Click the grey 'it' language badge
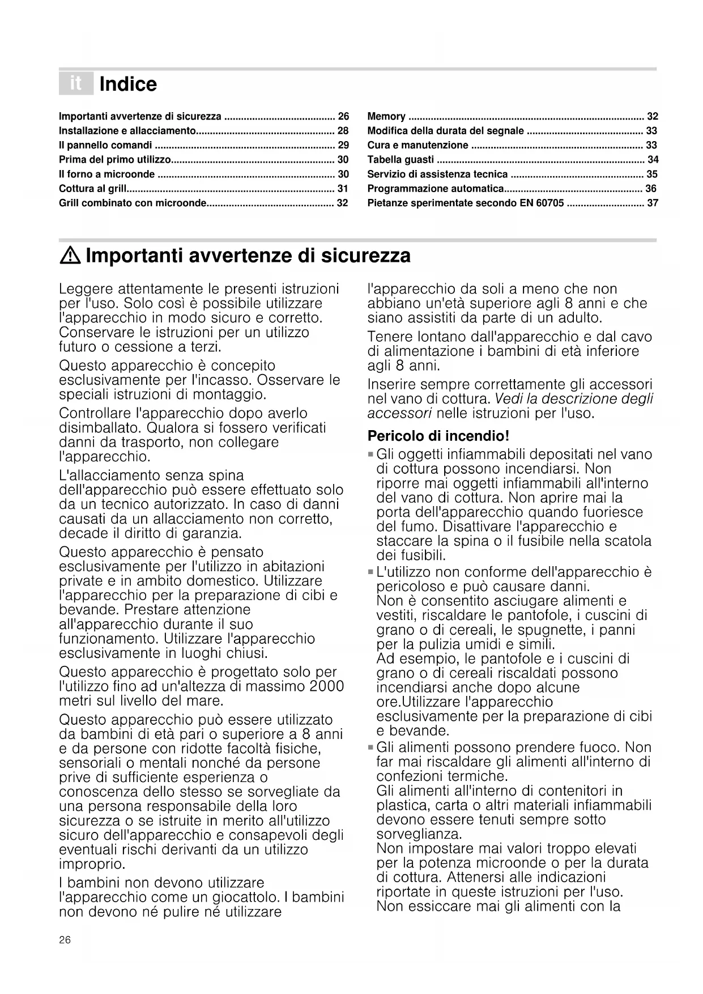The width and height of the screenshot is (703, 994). coord(75,84)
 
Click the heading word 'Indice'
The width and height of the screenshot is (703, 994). coord(128,84)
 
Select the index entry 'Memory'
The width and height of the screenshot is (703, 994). coord(386,117)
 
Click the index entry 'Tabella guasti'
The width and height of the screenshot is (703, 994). coord(401,160)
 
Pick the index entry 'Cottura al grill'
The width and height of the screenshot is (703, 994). coord(93,189)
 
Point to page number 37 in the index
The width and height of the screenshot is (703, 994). coord(653,203)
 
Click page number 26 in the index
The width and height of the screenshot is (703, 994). coord(343,117)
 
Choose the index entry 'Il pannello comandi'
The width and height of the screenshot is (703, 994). coord(105,145)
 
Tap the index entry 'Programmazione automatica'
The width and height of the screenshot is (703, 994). coord(436,189)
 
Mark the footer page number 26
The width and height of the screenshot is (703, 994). coord(65,940)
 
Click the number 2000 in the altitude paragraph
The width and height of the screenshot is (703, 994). coord(327,686)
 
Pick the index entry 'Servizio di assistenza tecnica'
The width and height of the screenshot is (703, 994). coord(437,175)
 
